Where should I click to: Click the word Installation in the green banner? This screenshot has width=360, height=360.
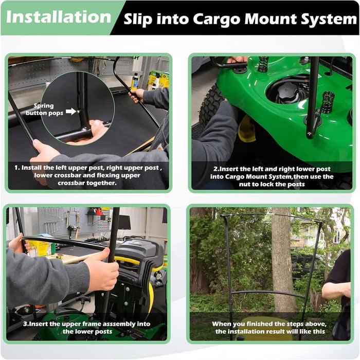[59, 17]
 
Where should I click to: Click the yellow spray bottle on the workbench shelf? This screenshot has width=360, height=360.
[135, 81]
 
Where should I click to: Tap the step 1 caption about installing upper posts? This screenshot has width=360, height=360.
[88, 174]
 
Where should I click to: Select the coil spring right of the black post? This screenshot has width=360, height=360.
[327, 102]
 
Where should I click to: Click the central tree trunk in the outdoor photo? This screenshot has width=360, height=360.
[282, 257]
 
